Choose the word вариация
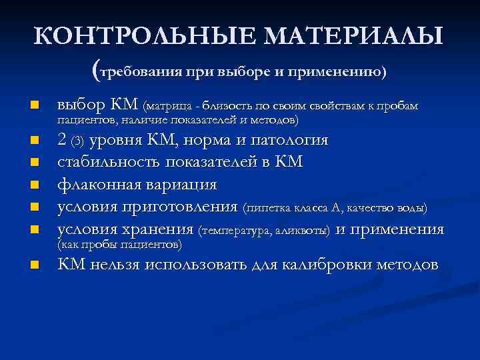181,184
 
